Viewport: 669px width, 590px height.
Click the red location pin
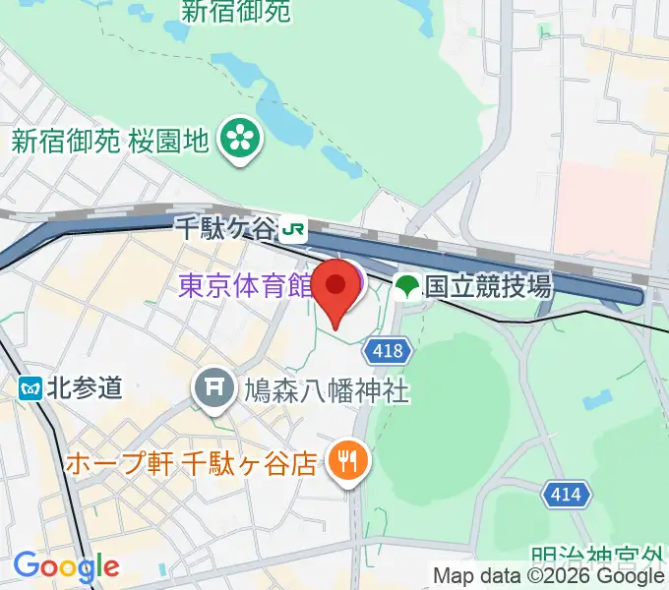[x=336, y=288]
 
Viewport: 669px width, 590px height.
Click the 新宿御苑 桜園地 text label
[x=110, y=141]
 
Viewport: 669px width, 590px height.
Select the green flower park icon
[x=239, y=141]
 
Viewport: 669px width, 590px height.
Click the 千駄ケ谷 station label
[x=226, y=229]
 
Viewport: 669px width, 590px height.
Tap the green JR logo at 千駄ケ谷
[x=292, y=230]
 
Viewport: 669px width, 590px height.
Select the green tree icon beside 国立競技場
[x=406, y=287]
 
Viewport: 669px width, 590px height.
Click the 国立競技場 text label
[x=488, y=287]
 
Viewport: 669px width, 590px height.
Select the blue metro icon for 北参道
[x=30, y=387]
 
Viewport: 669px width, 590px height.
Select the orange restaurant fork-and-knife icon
[x=346, y=457]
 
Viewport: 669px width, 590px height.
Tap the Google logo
[x=65, y=566]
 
